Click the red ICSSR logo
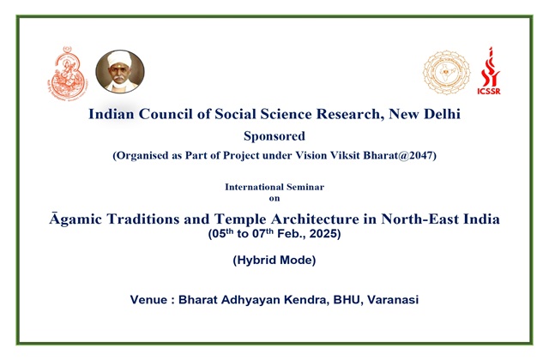(x=489, y=70)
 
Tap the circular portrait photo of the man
(x=120, y=71)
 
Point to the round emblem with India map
(x=446, y=72)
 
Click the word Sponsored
(x=274, y=136)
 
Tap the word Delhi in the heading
(x=443, y=114)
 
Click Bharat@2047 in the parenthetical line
(x=400, y=155)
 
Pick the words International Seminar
(x=274, y=187)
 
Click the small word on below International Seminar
(x=274, y=198)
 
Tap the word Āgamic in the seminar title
(x=75, y=219)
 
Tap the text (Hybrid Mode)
(x=274, y=261)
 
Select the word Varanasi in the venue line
(x=393, y=300)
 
